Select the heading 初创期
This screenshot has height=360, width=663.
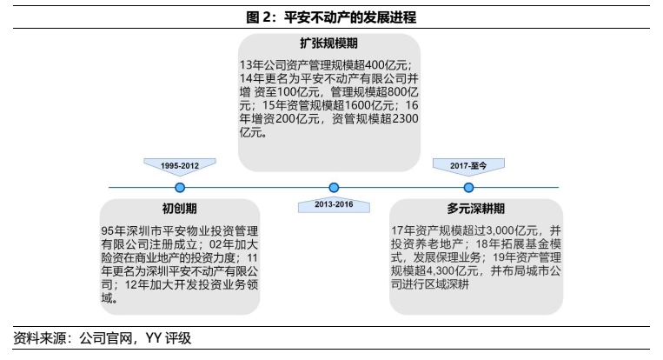(179, 209)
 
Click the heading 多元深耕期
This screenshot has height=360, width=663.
(476, 209)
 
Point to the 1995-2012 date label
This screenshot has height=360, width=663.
(179, 163)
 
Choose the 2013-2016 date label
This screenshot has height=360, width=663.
(333, 205)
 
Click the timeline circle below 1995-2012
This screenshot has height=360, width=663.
(180, 187)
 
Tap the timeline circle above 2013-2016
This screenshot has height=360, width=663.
(334, 187)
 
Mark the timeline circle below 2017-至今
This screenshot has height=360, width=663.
(469, 187)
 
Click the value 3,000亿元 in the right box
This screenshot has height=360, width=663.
(502, 230)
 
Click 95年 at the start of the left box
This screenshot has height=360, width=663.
(114, 230)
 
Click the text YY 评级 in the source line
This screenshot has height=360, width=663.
(168, 338)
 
